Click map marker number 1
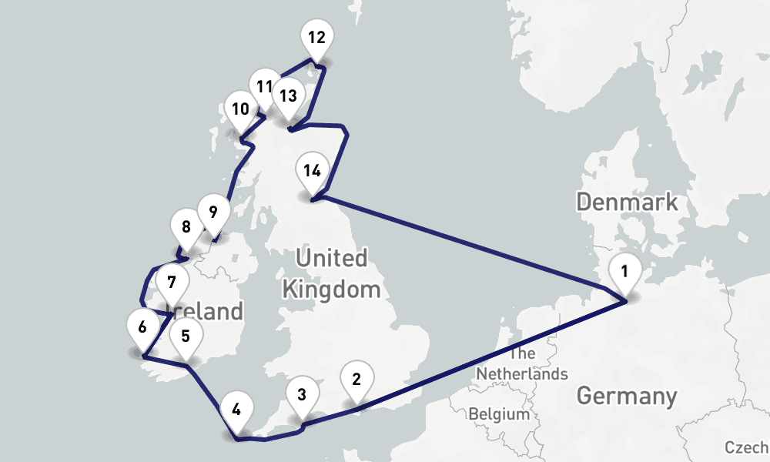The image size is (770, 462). (x=624, y=272)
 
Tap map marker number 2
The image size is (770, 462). (x=356, y=380)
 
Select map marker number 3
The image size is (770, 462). (x=302, y=396)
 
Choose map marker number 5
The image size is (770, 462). (x=186, y=336)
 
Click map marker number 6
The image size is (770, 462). (x=142, y=327)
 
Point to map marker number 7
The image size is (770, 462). (x=172, y=283)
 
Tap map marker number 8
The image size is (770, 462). (x=186, y=228)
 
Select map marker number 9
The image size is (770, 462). (x=213, y=211)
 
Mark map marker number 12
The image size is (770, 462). (x=316, y=38)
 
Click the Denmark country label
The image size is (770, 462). (x=628, y=203)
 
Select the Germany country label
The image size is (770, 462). (x=627, y=397)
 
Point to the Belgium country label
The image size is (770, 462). (x=499, y=413)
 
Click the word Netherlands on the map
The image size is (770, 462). (x=522, y=373)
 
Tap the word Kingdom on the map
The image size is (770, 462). (x=332, y=290)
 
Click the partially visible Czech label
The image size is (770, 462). (x=746, y=447)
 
